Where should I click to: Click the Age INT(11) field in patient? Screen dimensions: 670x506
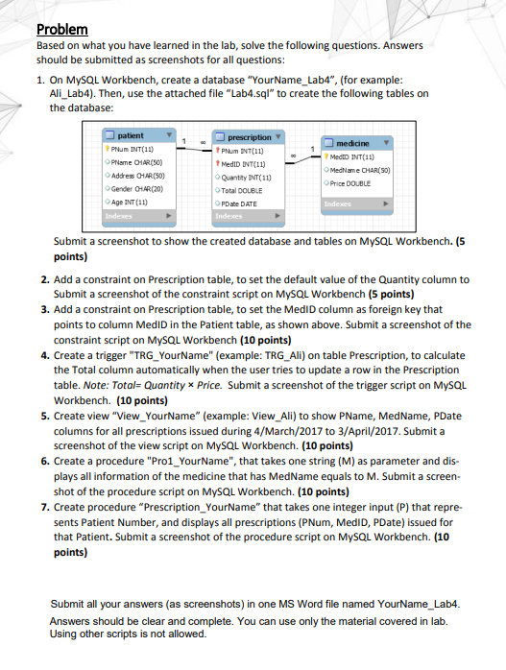click(x=133, y=203)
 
